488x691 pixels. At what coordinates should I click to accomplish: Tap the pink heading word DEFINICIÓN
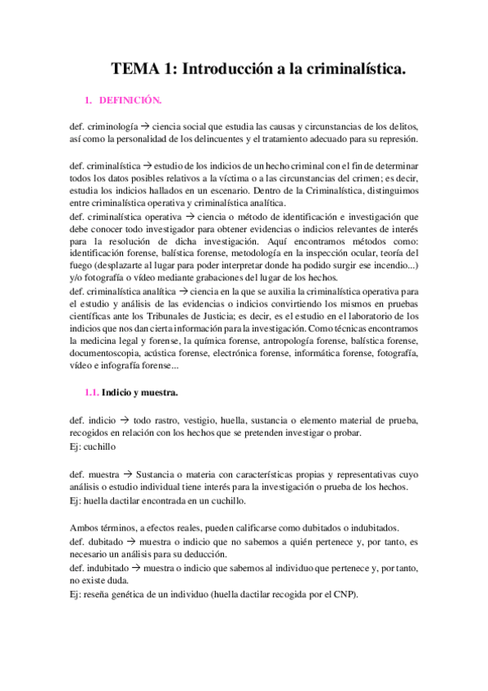[130, 101]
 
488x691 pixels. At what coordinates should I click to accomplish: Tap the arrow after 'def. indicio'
[125, 420]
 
